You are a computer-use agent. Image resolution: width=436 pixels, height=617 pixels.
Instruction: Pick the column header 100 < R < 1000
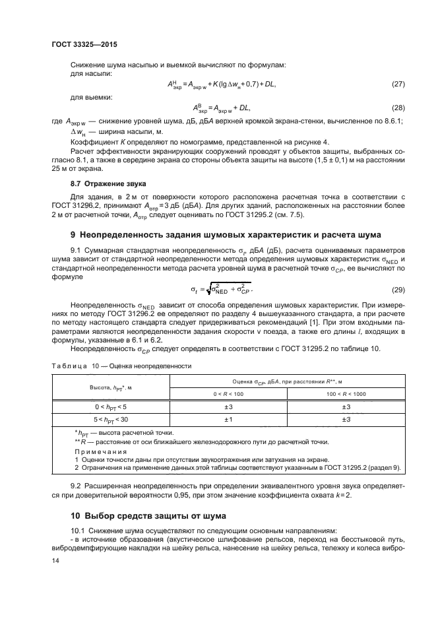tap(346, 393)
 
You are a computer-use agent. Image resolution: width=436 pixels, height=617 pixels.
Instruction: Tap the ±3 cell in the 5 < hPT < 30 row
tap(346, 418)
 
